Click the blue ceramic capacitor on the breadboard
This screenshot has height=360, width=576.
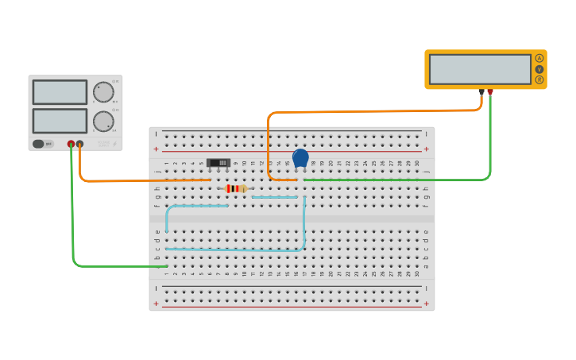click(x=300, y=158)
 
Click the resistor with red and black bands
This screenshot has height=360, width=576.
click(x=236, y=188)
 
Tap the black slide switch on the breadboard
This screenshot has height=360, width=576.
click(x=218, y=163)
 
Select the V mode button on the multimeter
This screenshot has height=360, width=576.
click(x=539, y=69)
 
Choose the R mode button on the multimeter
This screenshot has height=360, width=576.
click(x=539, y=79)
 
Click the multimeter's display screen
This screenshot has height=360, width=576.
click(x=480, y=69)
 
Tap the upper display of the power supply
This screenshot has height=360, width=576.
click(x=60, y=91)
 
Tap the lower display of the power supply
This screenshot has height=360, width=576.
click(x=60, y=121)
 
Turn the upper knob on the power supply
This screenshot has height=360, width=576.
click(x=103, y=91)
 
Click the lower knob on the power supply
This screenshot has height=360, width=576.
click(x=103, y=121)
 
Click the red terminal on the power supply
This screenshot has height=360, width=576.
click(x=71, y=144)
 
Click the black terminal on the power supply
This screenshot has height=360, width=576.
click(x=79, y=144)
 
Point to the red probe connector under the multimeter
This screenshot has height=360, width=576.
click(x=490, y=92)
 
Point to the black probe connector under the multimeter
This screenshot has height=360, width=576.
click(x=481, y=92)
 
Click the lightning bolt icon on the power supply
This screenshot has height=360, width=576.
click(x=114, y=144)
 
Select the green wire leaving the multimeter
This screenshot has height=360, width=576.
click(x=490, y=143)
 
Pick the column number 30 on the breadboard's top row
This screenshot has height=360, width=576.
click(x=417, y=164)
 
